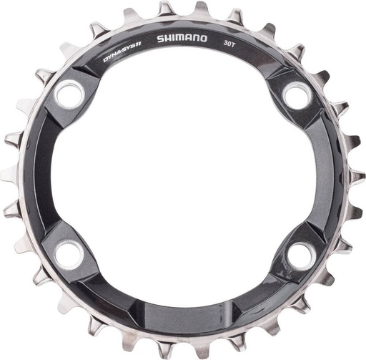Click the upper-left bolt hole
coord(70,94)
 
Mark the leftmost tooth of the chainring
coord(7,173)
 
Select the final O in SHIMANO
coord(206,42)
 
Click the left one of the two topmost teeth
coord(166,9)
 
